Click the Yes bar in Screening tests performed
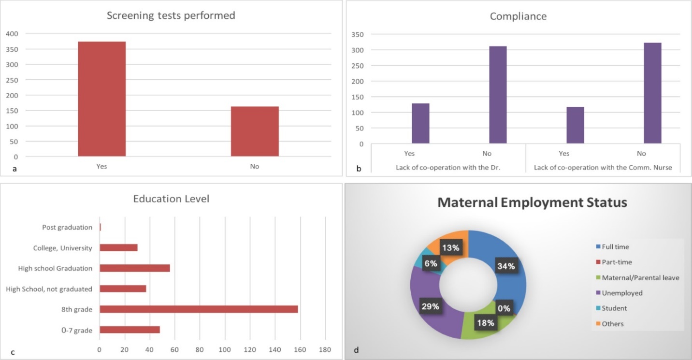tap(101, 99)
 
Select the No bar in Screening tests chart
tap(255, 131)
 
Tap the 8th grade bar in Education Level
tap(199, 309)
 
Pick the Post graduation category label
tap(67, 227)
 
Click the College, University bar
tap(118, 248)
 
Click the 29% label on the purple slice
tap(430, 306)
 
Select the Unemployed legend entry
tap(622, 293)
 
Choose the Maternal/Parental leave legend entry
tap(640, 277)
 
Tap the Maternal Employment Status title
tap(532, 202)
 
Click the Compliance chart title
tap(518, 16)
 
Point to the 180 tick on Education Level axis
tap(325, 349)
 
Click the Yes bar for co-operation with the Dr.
tap(420, 123)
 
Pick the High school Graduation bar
tap(135, 268)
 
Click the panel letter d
tap(356, 350)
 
